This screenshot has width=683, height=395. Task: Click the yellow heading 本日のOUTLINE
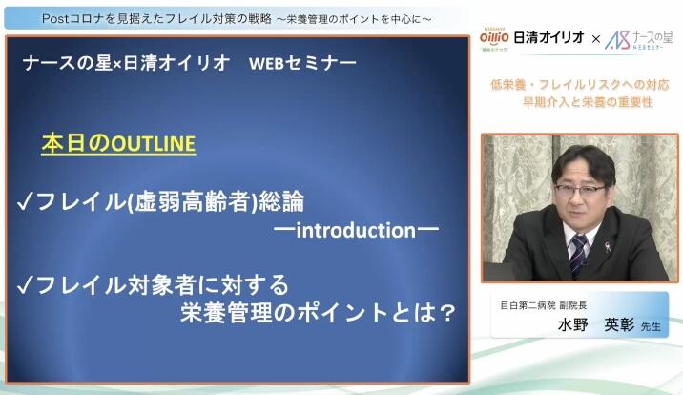coord(118,144)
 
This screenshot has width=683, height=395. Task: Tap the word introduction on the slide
coord(356,230)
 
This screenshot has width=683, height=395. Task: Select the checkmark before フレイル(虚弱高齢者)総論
coord(26,202)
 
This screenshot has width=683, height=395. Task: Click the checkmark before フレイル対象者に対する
coord(26,286)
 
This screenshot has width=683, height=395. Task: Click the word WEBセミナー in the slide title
coord(302,64)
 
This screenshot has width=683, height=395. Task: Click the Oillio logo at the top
coord(494,38)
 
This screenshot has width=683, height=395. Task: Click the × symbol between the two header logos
coord(595,40)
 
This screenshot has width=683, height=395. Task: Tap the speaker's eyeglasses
coord(580,190)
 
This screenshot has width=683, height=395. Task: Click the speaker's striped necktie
coord(578,256)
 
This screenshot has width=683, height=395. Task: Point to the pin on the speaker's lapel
coord(608,247)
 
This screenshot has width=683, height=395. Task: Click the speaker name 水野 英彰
coord(596,325)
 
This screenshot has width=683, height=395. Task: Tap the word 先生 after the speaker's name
coord(651,326)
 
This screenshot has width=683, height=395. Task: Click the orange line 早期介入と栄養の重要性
coord(588,102)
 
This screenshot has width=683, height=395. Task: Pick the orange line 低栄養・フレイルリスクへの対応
coord(580,85)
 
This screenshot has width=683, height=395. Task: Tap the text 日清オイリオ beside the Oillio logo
coord(548,38)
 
